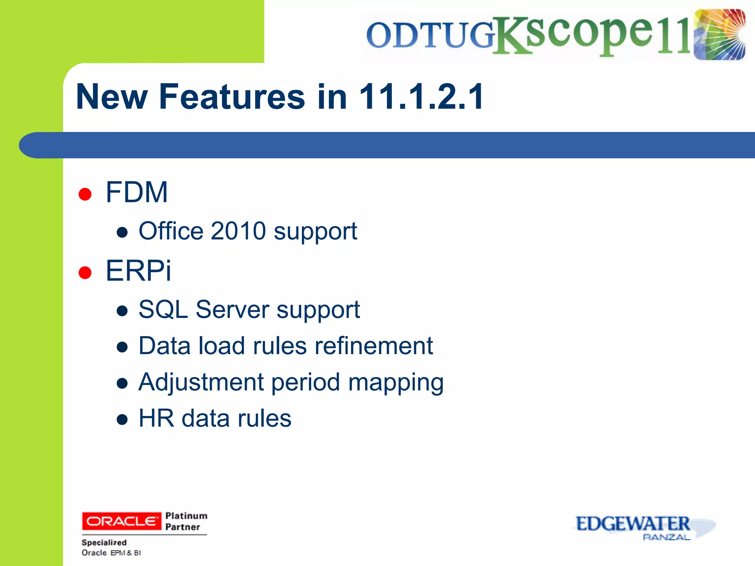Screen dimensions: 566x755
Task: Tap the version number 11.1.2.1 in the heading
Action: point(421,97)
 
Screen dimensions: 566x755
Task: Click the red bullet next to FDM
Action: point(85,194)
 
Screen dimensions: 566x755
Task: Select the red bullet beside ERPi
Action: point(85,273)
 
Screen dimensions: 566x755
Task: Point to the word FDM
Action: point(137,192)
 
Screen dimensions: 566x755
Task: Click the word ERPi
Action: point(138,271)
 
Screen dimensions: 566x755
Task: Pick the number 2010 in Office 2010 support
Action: point(238,231)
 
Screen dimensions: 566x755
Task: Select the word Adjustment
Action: point(201,382)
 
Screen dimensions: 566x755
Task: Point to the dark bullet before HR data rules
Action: point(122,419)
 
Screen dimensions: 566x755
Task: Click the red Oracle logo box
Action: point(121,521)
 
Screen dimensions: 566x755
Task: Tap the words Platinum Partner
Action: point(186,521)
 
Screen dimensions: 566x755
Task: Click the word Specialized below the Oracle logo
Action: point(104,542)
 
